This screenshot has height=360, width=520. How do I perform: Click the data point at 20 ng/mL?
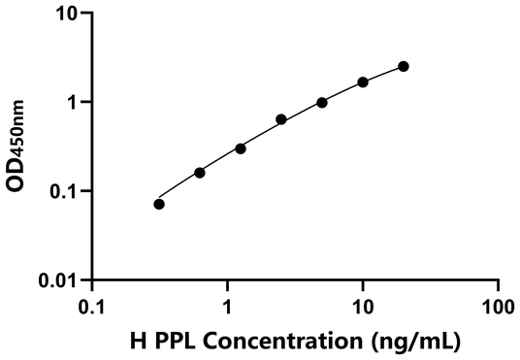pyautogui.click(x=404, y=66)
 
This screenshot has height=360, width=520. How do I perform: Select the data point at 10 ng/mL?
pyautogui.click(x=363, y=82)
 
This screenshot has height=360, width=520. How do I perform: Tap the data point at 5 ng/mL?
pyautogui.click(x=322, y=103)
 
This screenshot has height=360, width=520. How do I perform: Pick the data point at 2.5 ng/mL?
pyautogui.click(x=281, y=119)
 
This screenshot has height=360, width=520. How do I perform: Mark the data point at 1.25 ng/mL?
pyautogui.click(x=241, y=148)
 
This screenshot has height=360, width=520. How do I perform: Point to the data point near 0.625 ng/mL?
pyautogui.click(x=200, y=173)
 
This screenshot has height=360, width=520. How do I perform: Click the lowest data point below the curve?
pyautogui.click(x=159, y=204)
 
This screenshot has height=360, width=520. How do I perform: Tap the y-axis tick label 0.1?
pyautogui.click(x=67, y=191)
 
